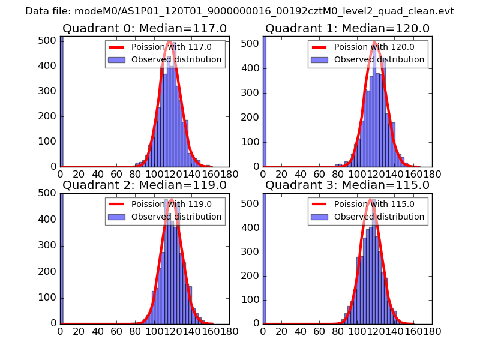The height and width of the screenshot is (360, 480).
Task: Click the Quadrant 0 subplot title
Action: coord(145,29)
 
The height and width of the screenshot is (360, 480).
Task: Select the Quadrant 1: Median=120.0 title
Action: coord(347,29)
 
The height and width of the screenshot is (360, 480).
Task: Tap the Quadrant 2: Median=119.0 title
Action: coord(145,185)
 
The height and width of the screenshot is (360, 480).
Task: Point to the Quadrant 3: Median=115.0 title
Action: coord(347,185)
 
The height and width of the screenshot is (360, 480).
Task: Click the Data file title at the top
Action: coord(239,11)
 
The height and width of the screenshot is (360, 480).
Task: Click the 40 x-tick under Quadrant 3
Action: coord(301,331)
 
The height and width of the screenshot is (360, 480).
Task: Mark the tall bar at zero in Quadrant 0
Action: coord(62,102)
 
